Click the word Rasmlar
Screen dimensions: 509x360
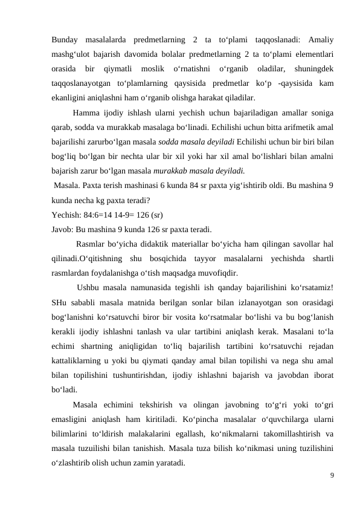coord(91,244)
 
